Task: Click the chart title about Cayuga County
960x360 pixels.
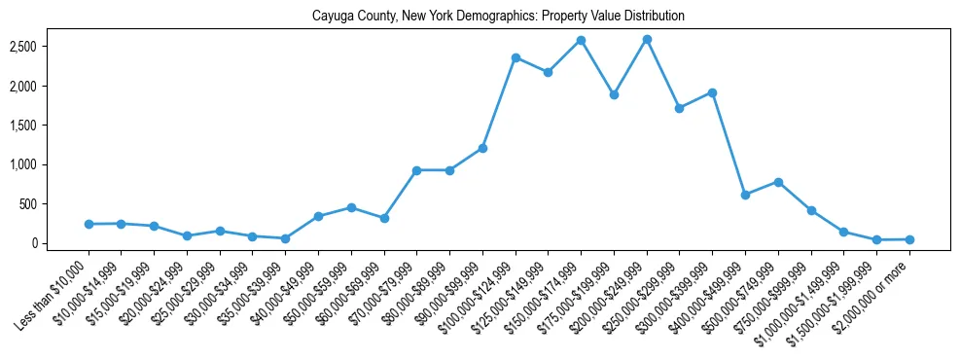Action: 498,17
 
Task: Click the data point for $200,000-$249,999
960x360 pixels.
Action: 647,39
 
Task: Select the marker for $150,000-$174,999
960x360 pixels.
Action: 581,40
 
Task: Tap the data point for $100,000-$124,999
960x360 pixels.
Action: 516,57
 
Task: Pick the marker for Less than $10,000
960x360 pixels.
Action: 89,224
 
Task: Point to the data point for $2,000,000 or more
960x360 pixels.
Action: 909,239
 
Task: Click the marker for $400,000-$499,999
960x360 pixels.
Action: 745,195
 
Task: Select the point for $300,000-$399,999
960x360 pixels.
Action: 712,92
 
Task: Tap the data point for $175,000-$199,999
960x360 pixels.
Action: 614,95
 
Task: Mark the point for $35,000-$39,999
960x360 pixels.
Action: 285,238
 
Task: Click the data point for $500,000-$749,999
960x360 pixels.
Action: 778,182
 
